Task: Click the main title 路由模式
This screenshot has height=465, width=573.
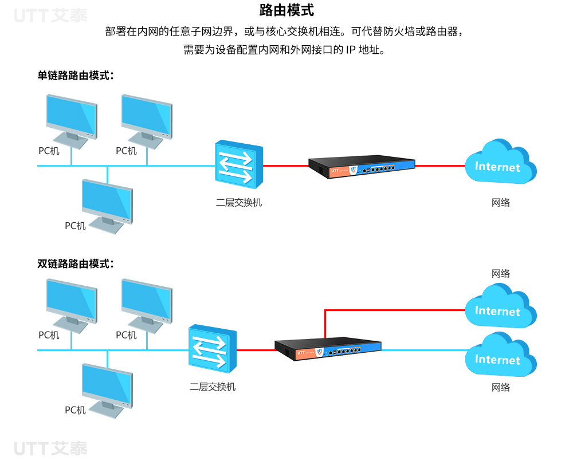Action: [x=286, y=10]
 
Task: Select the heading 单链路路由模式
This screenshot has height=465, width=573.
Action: [x=76, y=76]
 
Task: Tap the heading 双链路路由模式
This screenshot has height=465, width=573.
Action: [x=76, y=264]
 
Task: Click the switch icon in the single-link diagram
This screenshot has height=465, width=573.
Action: [x=239, y=164]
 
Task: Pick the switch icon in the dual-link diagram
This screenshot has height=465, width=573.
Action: [x=213, y=349]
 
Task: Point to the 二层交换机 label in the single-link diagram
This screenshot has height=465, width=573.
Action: [x=239, y=202]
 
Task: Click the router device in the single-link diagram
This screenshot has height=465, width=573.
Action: [x=362, y=167]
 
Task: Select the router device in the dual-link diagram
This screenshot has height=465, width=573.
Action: [x=328, y=349]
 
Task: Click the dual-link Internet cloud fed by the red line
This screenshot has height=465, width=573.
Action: [x=501, y=306]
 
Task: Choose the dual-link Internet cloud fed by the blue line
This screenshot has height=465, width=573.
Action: [x=501, y=354]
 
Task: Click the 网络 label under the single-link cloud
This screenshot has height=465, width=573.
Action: [x=501, y=202]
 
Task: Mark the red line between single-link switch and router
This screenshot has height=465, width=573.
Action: [x=286, y=166]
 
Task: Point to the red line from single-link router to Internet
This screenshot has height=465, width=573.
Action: [x=440, y=166]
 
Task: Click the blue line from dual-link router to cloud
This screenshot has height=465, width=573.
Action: [x=424, y=350]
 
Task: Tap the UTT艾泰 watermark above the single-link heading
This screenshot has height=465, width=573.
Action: [x=50, y=15]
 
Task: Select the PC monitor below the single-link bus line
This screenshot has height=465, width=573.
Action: [x=107, y=206]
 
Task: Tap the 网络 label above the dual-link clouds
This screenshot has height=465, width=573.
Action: [x=501, y=273]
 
